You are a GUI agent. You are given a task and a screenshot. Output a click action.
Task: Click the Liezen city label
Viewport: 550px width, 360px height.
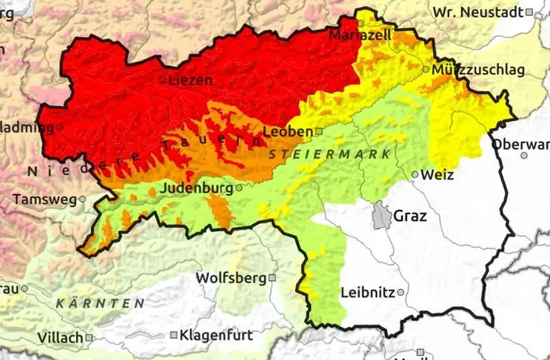point(191,79)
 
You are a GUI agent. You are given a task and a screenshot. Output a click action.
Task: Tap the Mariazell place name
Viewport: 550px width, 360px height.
point(360,36)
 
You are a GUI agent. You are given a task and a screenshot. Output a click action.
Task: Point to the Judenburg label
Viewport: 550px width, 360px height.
point(196,189)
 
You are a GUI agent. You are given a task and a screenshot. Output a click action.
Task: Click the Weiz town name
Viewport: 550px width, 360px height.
point(438,174)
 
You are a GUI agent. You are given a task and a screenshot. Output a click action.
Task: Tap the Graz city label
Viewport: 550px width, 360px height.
point(410,215)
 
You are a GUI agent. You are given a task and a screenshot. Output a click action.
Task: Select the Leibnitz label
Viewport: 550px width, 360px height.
point(368,292)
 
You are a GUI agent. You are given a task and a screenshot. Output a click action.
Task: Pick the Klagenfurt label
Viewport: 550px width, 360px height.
point(217,335)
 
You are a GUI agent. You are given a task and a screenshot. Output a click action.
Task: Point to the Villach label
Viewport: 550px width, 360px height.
point(60,338)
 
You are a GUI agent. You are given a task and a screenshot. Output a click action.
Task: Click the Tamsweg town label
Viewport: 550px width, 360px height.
point(44,200)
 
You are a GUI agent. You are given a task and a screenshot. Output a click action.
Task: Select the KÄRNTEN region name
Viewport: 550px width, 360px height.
point(100,303)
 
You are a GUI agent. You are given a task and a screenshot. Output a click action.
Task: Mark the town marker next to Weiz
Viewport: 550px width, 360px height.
point(415,174)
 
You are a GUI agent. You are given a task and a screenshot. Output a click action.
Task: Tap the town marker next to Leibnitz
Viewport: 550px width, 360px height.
point(401,292)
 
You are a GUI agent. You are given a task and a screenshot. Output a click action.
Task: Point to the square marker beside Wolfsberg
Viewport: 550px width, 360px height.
point(272,278)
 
